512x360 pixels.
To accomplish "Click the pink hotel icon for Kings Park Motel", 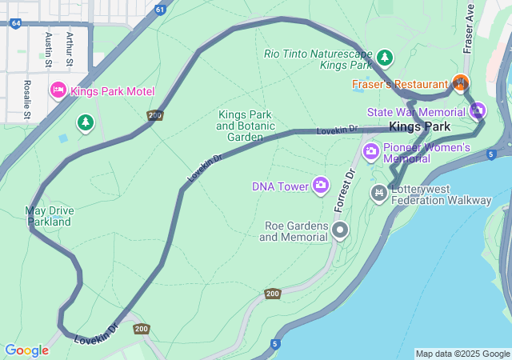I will (x=58, y=90).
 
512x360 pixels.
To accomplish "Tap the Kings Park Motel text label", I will (x=112, y=91).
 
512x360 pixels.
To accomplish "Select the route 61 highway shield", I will (x=161, y=10).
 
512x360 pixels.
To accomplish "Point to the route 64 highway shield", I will (x=16, y=23).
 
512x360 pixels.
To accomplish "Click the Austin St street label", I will (x=50, y=49).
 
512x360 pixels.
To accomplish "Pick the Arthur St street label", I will (x=70, y=47).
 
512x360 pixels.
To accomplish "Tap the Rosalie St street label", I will (x=27, y=98).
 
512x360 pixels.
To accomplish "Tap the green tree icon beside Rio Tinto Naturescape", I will (x=386, y=58).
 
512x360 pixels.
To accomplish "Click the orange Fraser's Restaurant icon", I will (x=459, y=82).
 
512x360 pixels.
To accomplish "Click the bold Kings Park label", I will (x=419, y=126).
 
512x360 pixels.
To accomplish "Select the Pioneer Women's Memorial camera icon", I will (x=370, y=150).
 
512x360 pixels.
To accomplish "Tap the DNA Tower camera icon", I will (x=321, y=186).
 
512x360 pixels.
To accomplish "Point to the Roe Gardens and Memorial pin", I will (x=340, y=231).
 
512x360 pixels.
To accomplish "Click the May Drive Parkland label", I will (x=50, y=216).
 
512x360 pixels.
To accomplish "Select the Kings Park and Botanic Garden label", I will (x=246, y=126).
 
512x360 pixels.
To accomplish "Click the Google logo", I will (x=26, y=350).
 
